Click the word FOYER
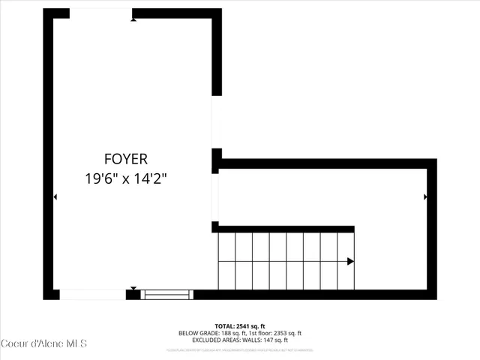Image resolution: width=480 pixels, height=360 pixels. point(126,159)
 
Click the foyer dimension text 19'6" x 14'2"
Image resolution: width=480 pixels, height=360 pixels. point(126,179)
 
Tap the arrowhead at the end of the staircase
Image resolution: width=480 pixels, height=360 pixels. point(350,262)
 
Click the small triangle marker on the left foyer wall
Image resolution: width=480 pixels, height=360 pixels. point(55,197)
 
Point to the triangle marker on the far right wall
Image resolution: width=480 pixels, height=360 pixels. point(425,197)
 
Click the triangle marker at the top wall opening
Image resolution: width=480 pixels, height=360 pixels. point(133,19)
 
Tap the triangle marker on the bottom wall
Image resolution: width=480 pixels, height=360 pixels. point(133,289)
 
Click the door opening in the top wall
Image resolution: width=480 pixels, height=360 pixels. point(101,13)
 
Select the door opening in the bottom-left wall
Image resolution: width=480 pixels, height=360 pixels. point(92,295)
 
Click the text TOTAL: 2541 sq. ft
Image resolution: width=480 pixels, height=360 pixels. point(239,326)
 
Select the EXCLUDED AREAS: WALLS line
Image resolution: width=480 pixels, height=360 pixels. point(239,340)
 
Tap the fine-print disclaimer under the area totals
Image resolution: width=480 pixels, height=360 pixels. point(239,349)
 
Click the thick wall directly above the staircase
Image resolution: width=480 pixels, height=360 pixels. point(285,229)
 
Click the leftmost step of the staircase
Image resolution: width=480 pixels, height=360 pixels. point(226,261)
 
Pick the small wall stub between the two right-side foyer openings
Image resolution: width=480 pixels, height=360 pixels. point(216,160)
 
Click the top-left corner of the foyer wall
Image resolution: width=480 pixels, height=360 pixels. point(48,13)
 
